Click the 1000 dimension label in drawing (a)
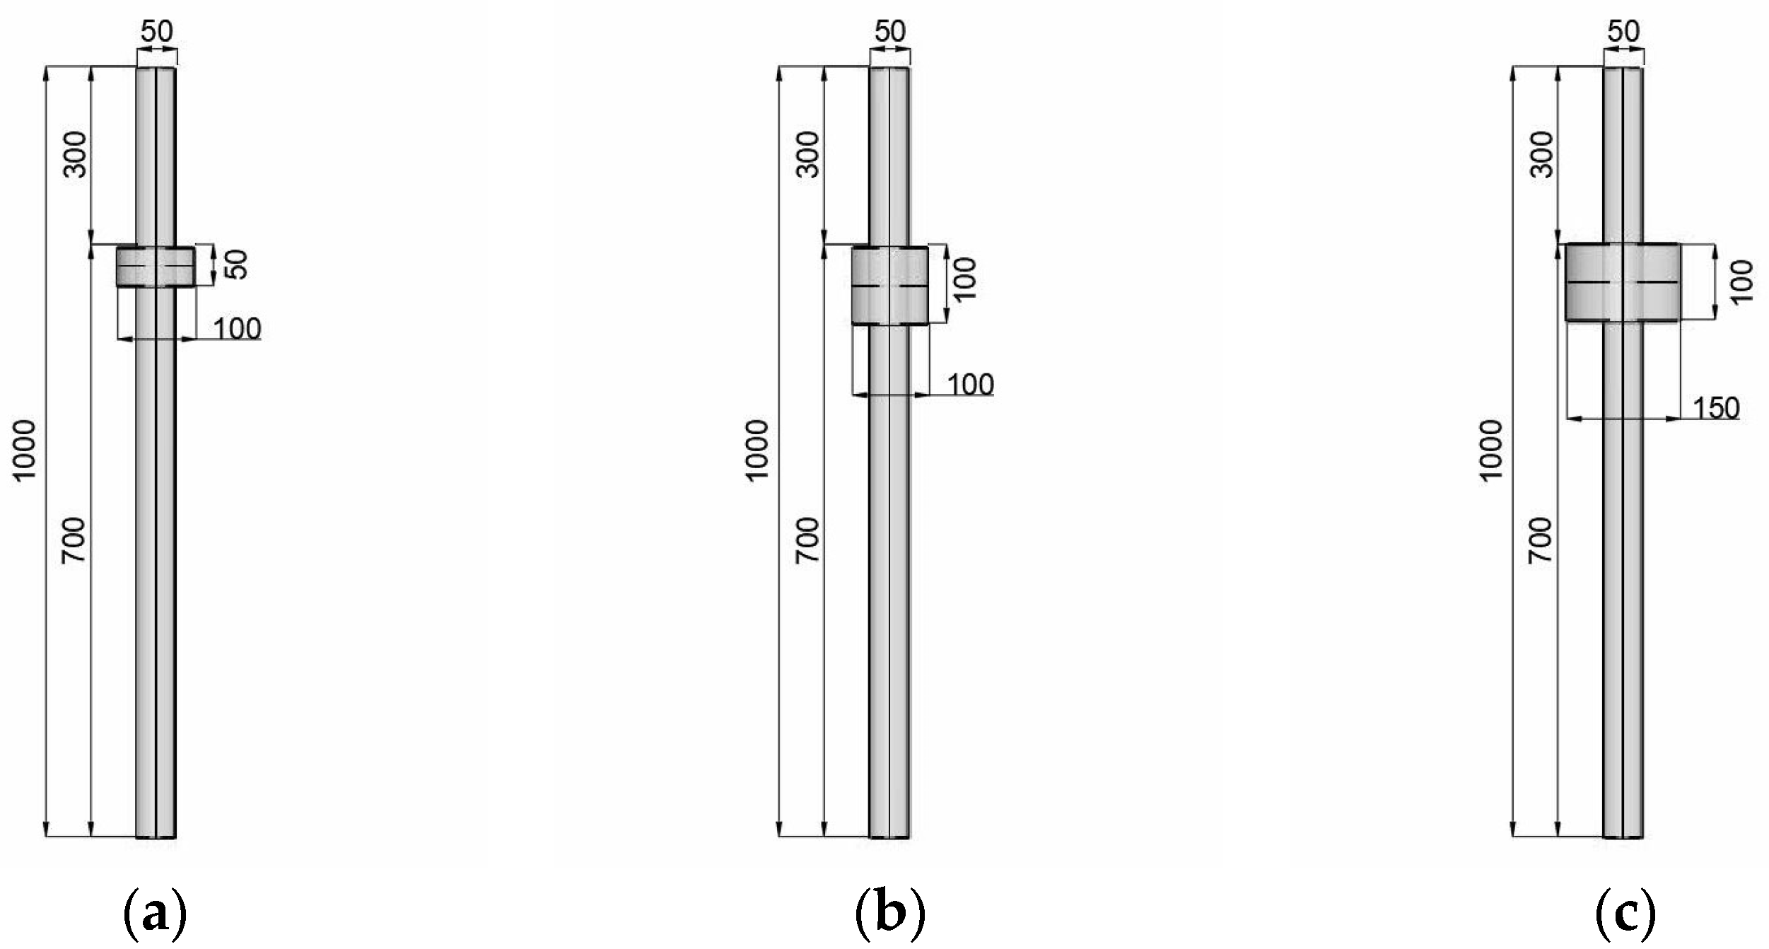point(25,450)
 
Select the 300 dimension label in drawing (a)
point(76,154)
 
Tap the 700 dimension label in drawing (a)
point(76,540)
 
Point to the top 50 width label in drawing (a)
point(156,31)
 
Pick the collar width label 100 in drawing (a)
point(237,329)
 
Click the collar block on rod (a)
point(156,267)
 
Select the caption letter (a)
point(156,916)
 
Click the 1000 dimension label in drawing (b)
point(758,450)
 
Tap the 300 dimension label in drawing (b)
point(809,154)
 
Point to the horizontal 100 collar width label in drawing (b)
point(970,384)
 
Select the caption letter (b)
point(889,916)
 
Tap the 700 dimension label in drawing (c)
point(1543,540)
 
